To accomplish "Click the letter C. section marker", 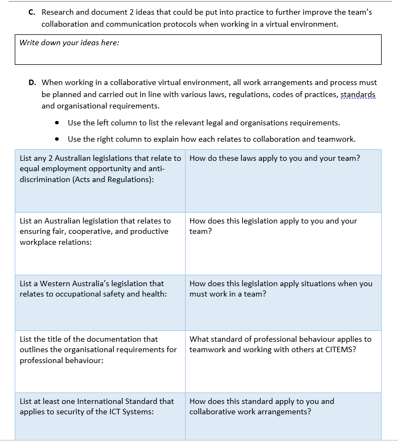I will tap(32, 12).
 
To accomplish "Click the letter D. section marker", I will tap(32, 83).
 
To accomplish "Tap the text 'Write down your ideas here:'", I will tap(69, 43).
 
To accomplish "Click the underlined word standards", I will tap(358, 94).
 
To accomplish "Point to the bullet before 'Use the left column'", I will tap(58, 123).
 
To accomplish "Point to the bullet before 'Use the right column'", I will tap(58, 139).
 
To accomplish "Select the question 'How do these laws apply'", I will tap(274, 158).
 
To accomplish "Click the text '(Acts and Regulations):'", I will tap(113, 179).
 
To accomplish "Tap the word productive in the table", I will tap(150, 231).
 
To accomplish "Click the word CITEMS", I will tap(340, 349).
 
